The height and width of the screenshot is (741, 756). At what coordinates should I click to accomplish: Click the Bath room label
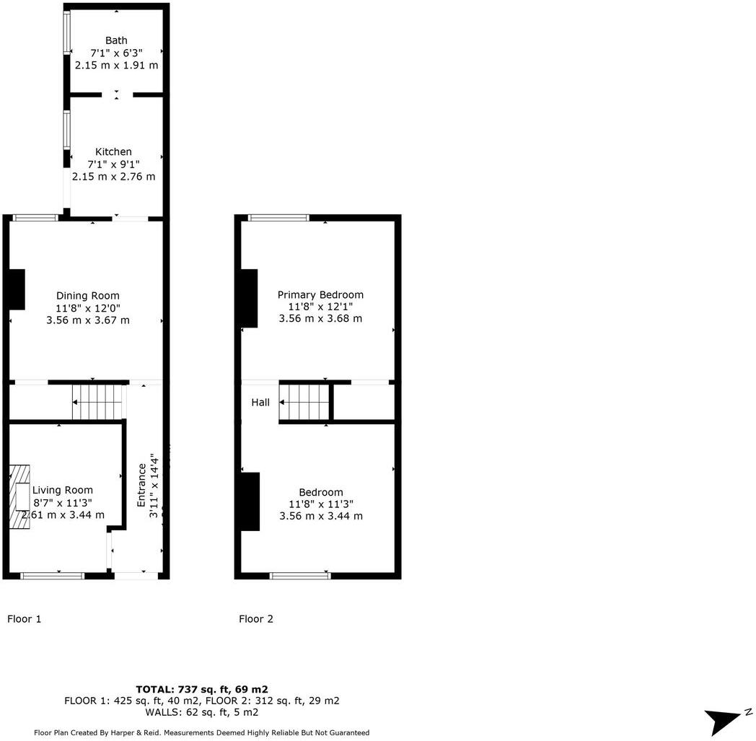pyautogui.click(x=116, y=40)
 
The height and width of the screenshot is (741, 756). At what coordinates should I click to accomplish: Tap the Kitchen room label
pyautogui.click(x=113, y=152)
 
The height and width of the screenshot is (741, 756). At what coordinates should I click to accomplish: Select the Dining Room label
pyautogui.click(x=88, y=295)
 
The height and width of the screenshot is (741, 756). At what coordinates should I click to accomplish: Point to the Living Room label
pyautogui.click(x=63, y=490)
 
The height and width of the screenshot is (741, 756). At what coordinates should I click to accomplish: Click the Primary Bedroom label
pyautogui.click(x=320, y=294)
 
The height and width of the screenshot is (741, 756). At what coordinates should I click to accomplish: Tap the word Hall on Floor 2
pyautogui.click(x=260, y=402)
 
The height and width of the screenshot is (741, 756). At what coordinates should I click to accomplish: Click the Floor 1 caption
pyautogui.click(x=25, y=618)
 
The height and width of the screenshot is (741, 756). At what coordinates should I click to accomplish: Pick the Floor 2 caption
pyautogui.click(x=256, y=618)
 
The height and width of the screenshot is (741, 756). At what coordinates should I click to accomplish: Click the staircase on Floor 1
pyautogui.click(x=97, y=402)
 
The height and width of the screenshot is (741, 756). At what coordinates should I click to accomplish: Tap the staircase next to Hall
pyautogui.click(x=304, y=402)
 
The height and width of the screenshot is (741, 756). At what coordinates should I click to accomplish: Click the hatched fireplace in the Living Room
pyautogui.click(x=21, y=497)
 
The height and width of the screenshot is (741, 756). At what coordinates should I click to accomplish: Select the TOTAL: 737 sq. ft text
pyautogui.click(x=202, y=689)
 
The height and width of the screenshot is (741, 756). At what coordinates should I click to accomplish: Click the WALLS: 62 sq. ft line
pyautogui.click(x=202, y=712)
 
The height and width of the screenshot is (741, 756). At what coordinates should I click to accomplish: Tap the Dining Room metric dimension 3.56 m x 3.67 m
pyautogui.click(x=88, y=320)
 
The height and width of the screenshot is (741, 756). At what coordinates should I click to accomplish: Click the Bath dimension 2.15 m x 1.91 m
pyautogui.click(x=116, y=65)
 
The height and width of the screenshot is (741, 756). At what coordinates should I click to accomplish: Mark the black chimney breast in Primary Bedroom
pyautogui.click(x=250, y=298)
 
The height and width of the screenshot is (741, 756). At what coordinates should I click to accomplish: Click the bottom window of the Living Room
pyautogui.click(x=52, y=575)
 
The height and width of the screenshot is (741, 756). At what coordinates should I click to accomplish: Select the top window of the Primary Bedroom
pyautogui.click(x=278, y=217)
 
